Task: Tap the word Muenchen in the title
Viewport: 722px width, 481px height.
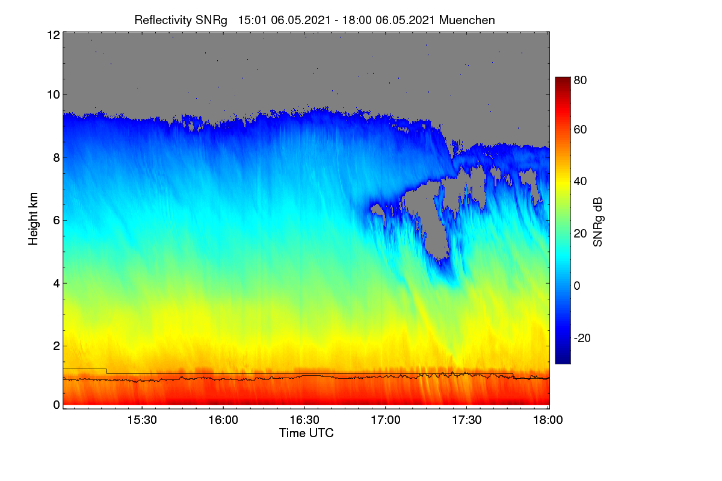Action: click(467, 20)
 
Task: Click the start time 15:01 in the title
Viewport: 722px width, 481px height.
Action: click(252, 20)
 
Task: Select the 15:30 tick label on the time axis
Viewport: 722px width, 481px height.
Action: click(142, 420)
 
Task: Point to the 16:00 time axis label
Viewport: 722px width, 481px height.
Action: click(223, 420)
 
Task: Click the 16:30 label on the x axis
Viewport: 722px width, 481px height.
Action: click(304, 420)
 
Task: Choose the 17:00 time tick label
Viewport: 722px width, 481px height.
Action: click(386, 420)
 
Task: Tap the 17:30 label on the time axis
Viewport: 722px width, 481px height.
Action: click(467, 420)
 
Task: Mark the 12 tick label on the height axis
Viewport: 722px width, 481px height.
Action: click(54, 35)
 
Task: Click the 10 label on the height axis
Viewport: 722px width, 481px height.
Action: click(54, 95)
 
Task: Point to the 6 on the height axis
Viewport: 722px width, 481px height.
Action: click(57, 221)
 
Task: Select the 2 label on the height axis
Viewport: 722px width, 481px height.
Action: click(57, 346)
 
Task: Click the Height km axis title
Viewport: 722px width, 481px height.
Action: click(33, 219)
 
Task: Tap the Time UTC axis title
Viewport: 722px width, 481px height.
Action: click(306, 433)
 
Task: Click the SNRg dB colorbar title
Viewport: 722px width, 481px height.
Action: click(597, 222)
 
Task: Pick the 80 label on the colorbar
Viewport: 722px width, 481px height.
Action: click(580, 80)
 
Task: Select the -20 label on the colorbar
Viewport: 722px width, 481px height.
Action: click(582, 339)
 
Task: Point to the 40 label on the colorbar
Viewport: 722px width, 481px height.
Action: click(580, 182)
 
